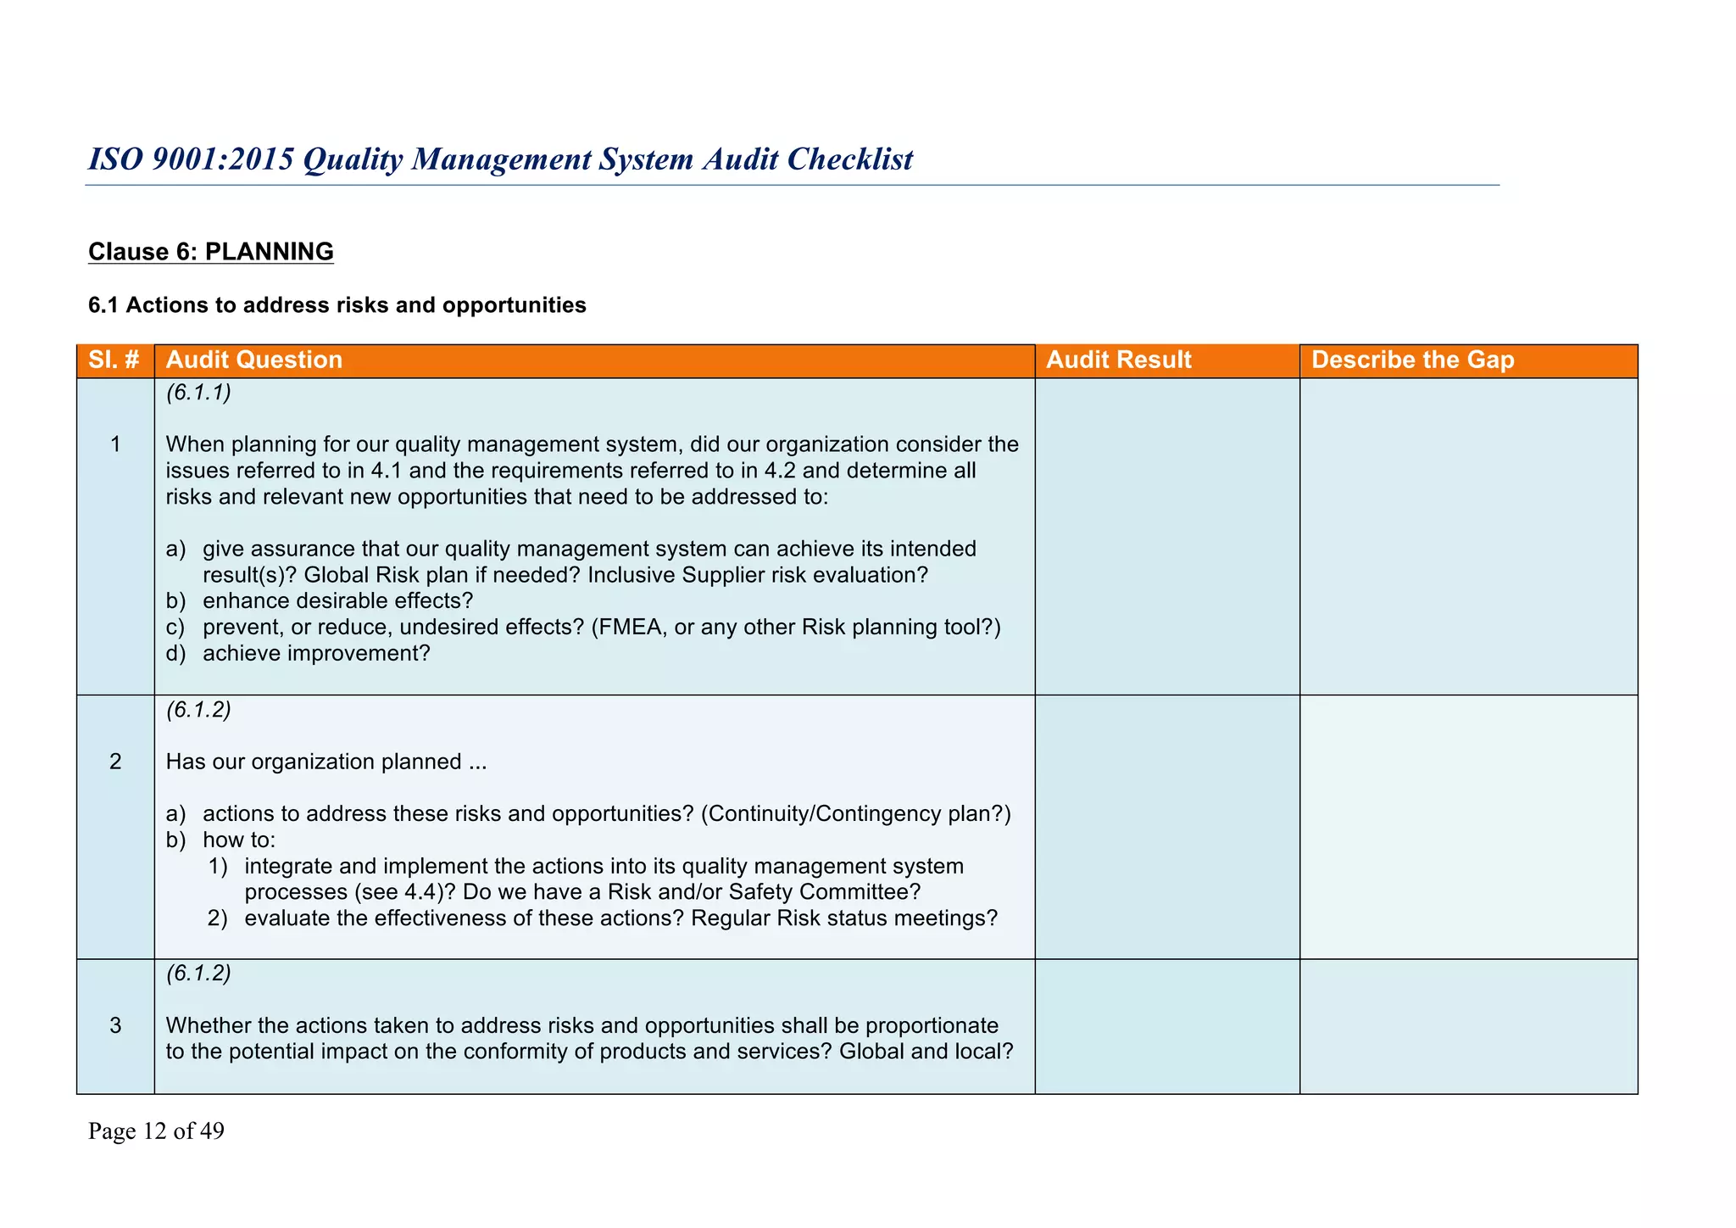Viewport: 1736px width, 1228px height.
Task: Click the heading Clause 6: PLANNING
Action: (211, 252)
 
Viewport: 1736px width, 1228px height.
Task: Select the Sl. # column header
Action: (114, 360)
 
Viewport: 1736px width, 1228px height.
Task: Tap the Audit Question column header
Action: (254, 360)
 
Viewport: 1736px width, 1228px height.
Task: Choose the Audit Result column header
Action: (1118, 360)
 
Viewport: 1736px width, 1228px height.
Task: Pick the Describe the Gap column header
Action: (1412, 360)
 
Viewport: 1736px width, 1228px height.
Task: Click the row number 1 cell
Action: (115, 444)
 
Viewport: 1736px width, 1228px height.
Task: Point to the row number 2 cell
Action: (115, 762)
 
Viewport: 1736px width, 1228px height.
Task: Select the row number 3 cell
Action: (115, 1026)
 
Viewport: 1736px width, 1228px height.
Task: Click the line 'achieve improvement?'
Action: (316, 654)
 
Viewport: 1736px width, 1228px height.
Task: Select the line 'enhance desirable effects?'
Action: (337, 601)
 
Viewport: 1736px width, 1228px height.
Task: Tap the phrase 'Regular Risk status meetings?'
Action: (844, 918)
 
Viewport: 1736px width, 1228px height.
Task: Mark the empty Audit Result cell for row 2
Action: (1166, 827)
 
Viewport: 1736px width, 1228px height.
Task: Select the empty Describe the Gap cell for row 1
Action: (1468, 536)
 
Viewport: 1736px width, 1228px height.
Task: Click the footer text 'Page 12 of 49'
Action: (157, 1132)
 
